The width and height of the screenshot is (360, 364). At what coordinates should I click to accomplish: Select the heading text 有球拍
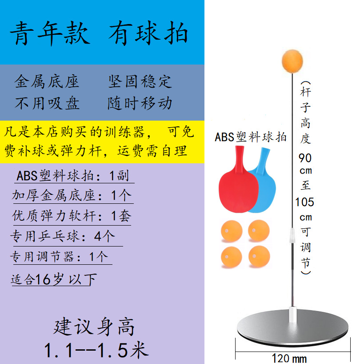click(x=148, y=33)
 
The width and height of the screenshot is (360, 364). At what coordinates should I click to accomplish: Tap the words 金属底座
click(x=47, y=81)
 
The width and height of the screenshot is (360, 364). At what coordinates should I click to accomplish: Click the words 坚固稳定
click(x=140, y=81)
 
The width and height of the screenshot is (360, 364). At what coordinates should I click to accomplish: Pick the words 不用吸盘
click(x=47, y=103)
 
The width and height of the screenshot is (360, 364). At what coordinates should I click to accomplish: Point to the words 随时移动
click(x=140, y=103)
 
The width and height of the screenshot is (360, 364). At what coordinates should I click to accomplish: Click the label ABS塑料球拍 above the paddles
click(x=251, y=137)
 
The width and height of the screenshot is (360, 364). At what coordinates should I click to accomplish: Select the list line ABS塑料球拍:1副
click(x=72, y=175)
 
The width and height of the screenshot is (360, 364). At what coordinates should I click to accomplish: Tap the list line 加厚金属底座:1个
click(x=72, y=195)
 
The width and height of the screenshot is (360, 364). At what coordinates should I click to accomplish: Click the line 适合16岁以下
click(x=54, y=279)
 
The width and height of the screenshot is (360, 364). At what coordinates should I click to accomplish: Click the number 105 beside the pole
click(x=304, y=202)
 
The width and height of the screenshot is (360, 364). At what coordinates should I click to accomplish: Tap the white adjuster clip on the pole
click(x=292, y=235)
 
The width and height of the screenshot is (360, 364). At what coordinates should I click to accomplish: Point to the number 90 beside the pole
click(x=305, y=158)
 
